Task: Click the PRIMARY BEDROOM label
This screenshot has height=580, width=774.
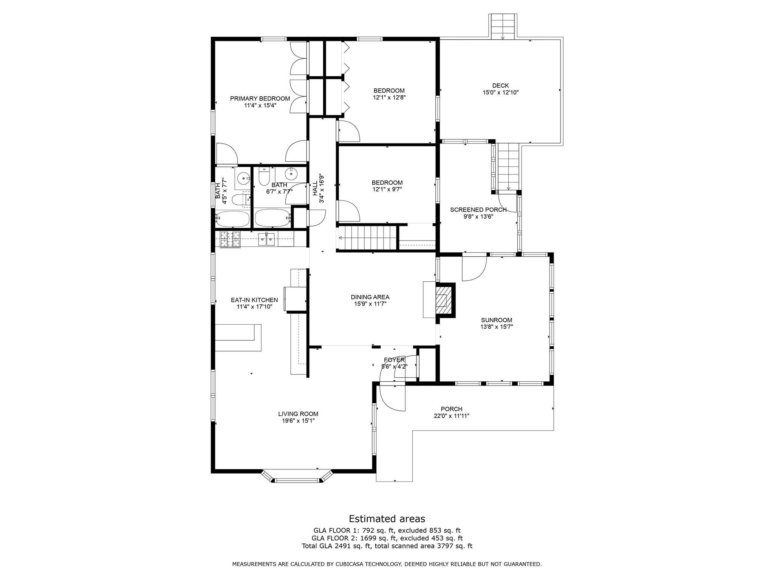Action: point(260,99)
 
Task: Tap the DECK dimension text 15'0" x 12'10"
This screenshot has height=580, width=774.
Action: point(500,93)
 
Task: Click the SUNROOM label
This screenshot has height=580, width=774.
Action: point(496,320)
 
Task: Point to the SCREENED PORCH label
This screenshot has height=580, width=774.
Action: point(478,210)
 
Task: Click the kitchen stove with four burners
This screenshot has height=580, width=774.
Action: point(230,240)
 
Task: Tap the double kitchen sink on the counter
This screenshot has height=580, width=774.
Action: point(266,239)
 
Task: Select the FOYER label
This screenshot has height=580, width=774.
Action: point(394,360)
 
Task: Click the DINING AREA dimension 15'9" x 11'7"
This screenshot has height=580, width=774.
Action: point(370,304)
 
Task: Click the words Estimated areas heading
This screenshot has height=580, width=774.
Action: point(387,518)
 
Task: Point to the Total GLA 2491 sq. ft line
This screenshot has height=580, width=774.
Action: point(387,546)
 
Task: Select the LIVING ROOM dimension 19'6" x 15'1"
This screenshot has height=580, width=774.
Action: point(298,421)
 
